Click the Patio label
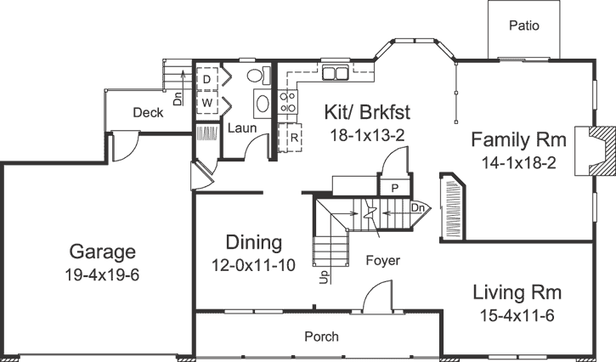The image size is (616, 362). pos(524,25)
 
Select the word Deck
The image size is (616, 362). pos(148,112)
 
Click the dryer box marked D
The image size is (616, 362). pos(206,79)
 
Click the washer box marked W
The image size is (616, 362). pos(206,101)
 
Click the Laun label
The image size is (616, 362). pos(236,128)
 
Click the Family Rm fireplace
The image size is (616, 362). pos(595,151)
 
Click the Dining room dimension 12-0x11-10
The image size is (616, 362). pos(253,265)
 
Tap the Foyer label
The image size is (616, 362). pos(383,260)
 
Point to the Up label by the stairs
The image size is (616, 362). pos(325,278)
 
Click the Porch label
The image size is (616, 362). pos(321,337)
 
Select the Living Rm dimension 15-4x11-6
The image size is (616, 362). pos(517,315)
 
